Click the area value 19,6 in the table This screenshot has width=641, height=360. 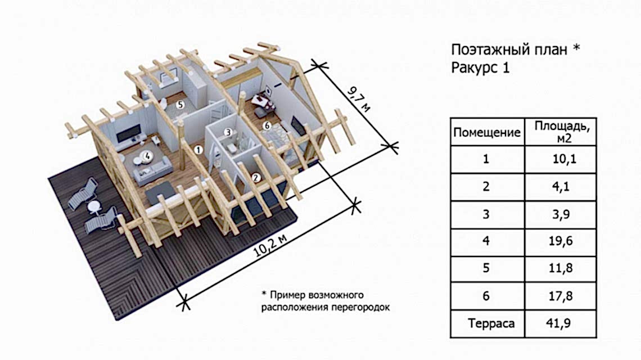[x=560, y=241]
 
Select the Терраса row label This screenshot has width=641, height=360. [x=487, y=324]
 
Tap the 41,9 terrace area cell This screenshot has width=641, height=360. [x=560, y=324]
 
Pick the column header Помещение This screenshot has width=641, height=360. [x=487, y=133]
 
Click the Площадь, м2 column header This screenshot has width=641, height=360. [x=560, y=132]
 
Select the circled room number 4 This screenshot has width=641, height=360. [x=147, y=154]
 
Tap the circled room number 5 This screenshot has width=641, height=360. [x=179, y=104]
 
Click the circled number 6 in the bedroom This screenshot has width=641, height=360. [x=267, y=125]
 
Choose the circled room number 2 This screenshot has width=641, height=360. [x=256, y=178]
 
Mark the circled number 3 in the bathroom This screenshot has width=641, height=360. [x=228, y=133]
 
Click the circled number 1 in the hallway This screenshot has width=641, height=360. [x=197, y=150]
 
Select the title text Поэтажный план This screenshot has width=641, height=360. [x=509, y=49]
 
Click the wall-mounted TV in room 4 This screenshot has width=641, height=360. [x=128, y=136]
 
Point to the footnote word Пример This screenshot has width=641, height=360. [x=289, y=295]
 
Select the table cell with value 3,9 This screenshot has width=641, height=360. [x=560, y=214]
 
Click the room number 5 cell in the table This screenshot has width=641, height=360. [x=487, y=269]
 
